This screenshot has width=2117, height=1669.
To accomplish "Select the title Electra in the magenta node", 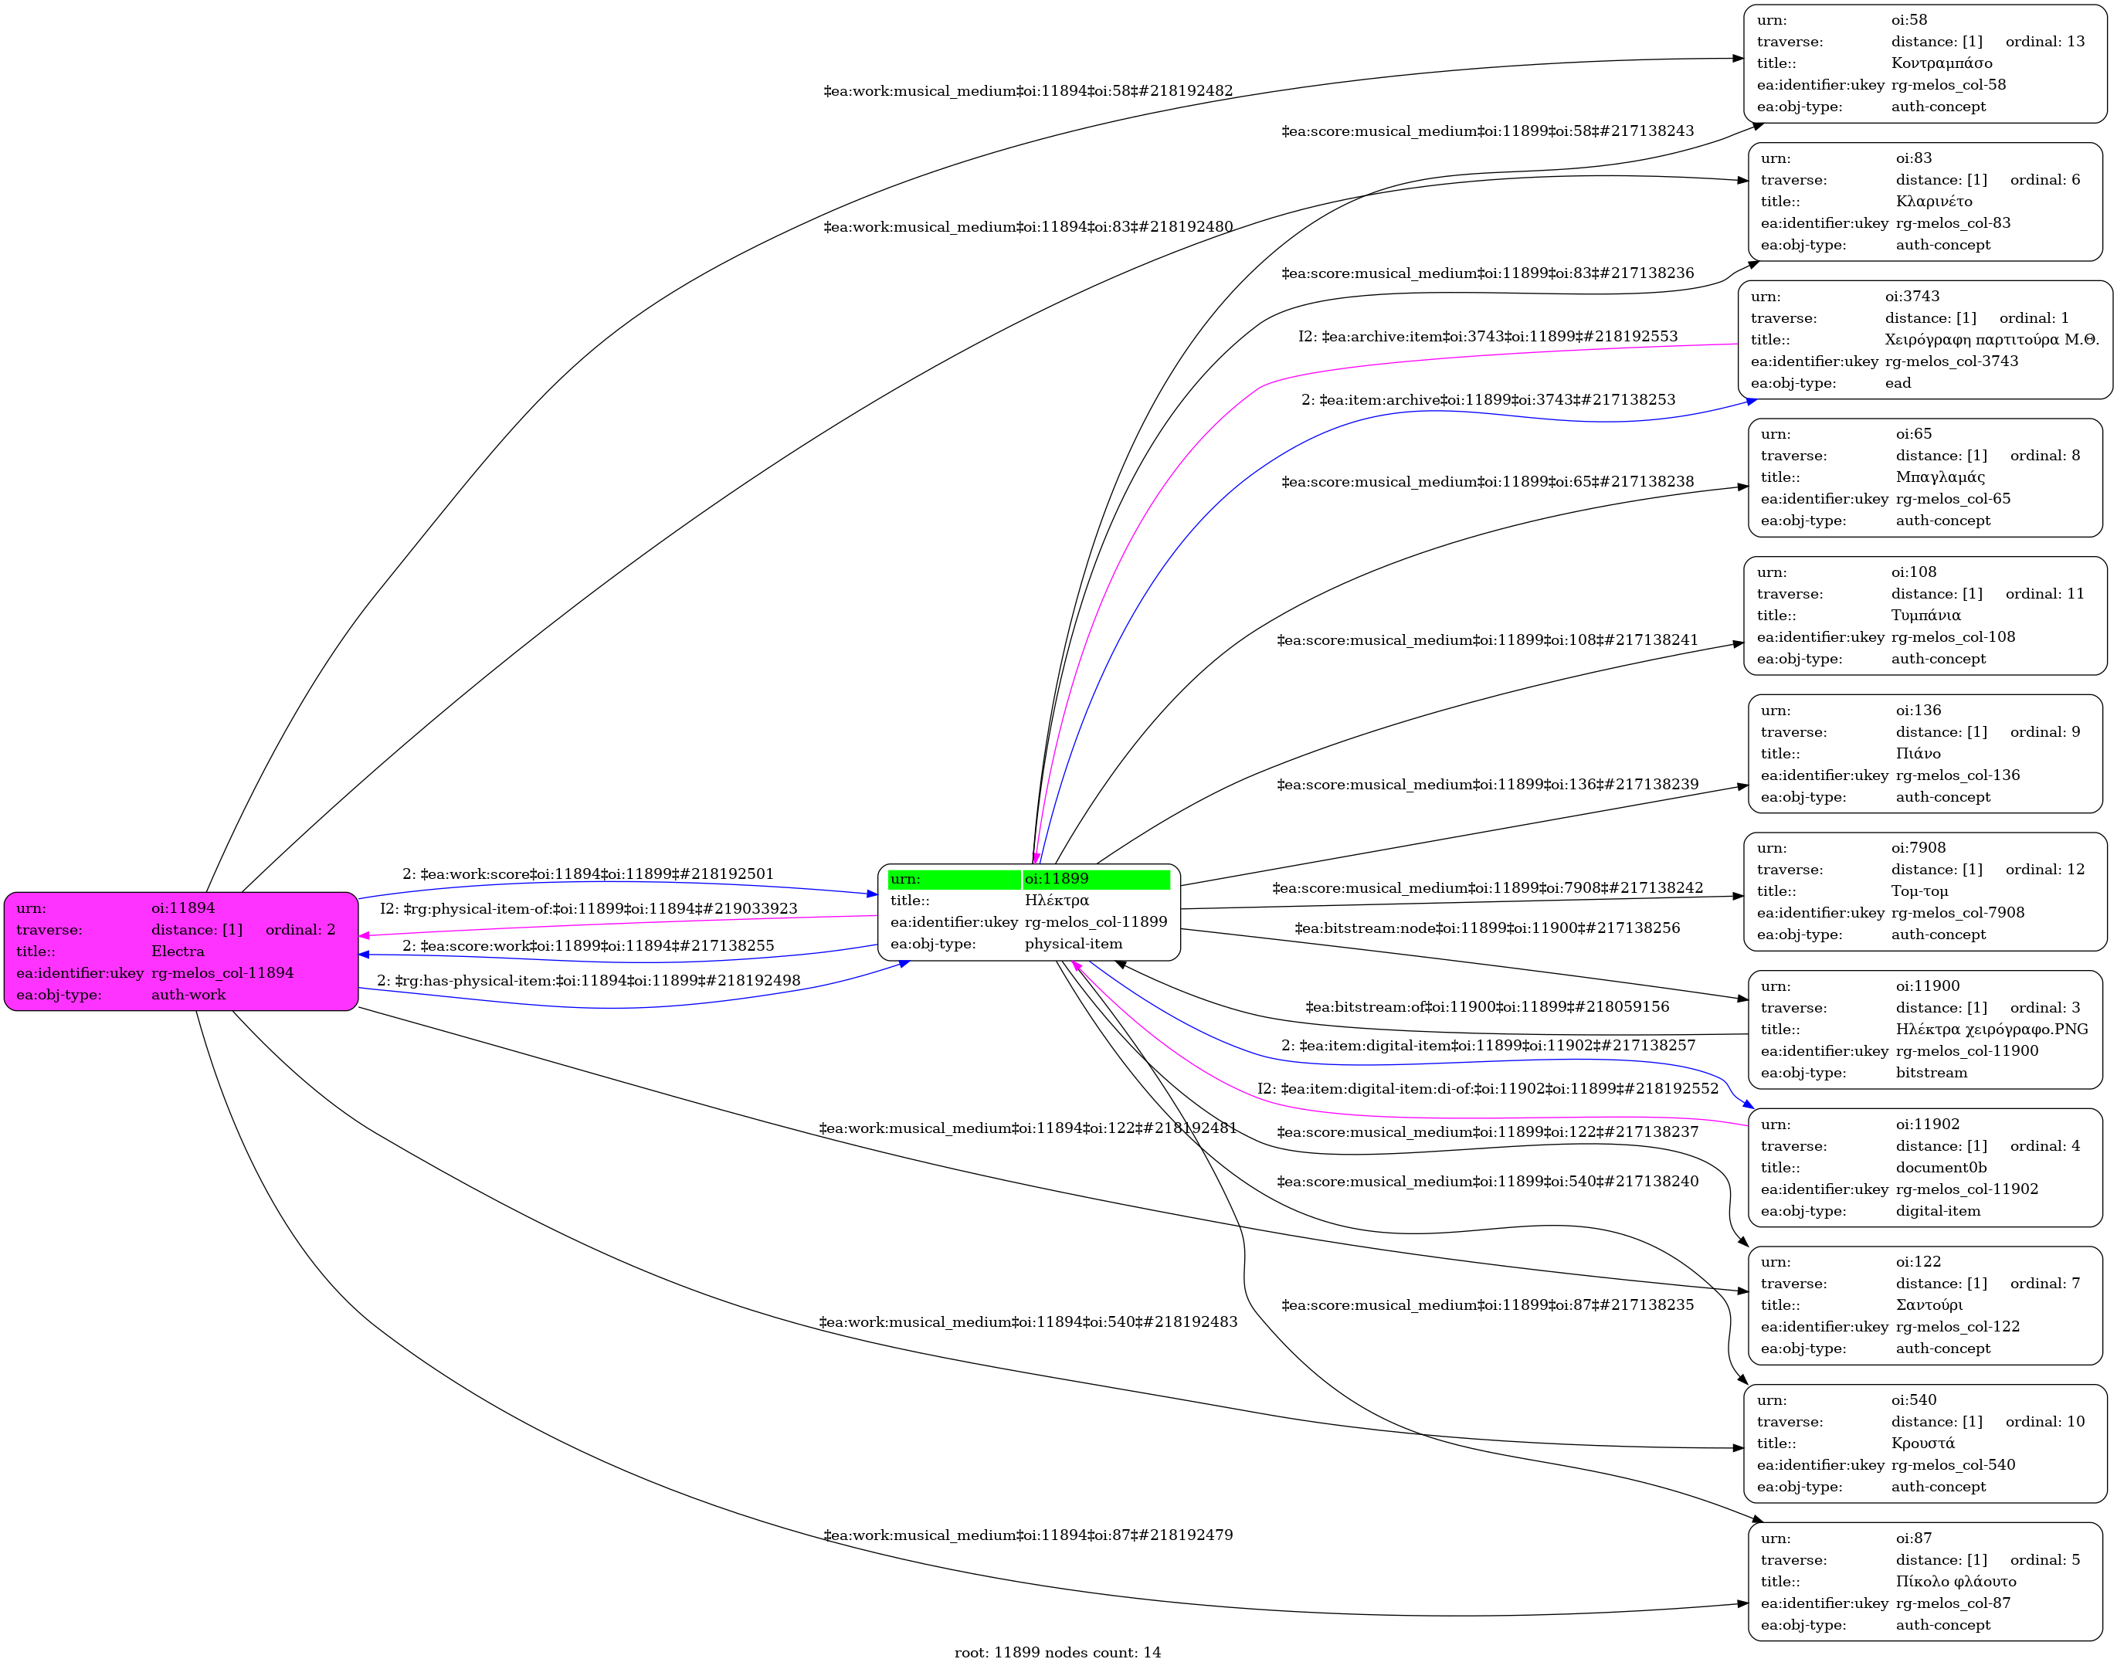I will point(178,952).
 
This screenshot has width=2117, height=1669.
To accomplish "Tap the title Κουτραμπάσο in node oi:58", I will point(1941,63).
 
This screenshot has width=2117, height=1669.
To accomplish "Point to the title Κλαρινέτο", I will point(1933,202).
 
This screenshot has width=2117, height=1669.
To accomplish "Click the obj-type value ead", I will point(1897,383).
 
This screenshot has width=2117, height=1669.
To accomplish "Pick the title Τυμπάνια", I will point(1925,616).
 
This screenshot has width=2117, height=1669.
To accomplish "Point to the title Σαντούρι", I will point(1929,1305).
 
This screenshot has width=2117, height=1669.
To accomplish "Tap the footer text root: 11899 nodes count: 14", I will point(1057,1652).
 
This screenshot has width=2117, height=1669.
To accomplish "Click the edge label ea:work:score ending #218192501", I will point(588,874).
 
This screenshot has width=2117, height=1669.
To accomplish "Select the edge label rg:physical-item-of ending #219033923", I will point(588,909).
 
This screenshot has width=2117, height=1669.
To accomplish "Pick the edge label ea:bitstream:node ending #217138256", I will point(1487,928).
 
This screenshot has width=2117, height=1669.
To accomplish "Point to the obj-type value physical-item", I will point(1073,944).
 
